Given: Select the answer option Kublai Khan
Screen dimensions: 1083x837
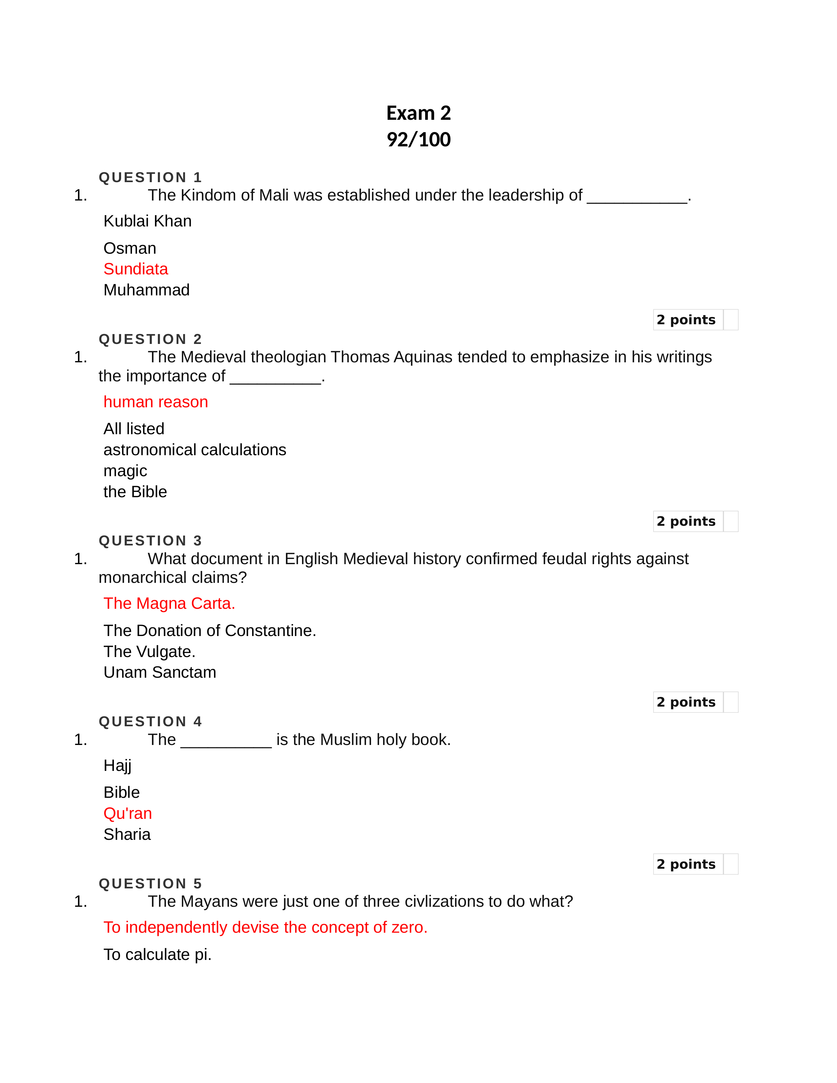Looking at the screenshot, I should coord(147,221).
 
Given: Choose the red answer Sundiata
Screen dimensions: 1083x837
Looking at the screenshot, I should coord(135,269).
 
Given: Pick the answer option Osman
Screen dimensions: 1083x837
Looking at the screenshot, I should coord(129,248).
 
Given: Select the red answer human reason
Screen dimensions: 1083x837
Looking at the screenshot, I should coord(155,402).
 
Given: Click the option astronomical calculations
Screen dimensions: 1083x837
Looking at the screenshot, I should coord(194,450).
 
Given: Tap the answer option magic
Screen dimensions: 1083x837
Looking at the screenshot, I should coord(125,471).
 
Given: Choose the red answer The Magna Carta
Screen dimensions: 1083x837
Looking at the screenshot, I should coord(169,604).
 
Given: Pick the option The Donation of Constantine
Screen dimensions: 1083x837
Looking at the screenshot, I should coord(209,630).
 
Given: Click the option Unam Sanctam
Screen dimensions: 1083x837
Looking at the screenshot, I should coord(160,672).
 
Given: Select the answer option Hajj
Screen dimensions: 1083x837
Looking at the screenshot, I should coord(118,766).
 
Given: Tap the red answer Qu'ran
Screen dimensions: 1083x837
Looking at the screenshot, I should coord(127,813).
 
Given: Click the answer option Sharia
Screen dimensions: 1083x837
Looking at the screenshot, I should coord(127,835).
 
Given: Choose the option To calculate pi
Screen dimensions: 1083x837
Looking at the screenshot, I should coord(157,955).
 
